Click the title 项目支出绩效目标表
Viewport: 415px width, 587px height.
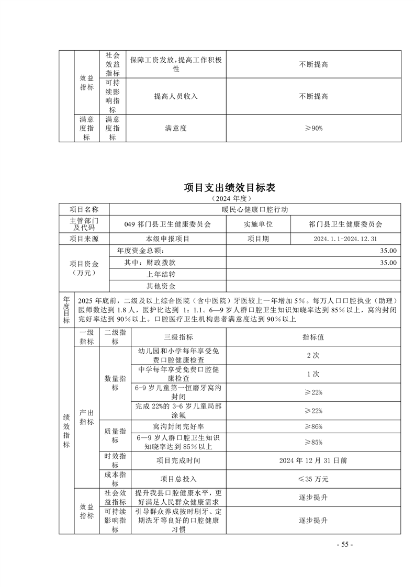[230, 188]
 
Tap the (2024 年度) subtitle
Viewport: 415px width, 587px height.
[230, 199]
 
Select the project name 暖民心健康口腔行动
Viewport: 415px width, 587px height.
[255, 210]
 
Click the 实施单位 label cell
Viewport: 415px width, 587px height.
[258, 224]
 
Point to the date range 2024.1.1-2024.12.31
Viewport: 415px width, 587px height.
[345, 239]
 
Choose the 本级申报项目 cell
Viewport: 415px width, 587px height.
[168, 239]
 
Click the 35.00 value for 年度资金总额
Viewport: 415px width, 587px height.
[389, 251]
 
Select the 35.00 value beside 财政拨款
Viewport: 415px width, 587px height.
[389, 263]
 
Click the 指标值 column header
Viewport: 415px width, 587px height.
[313, 337]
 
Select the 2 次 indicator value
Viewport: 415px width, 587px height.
[313, 356]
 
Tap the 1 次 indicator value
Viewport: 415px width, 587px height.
[313, 374]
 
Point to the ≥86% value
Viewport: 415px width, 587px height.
[313, 427]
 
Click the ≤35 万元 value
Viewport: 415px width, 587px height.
[313, 479]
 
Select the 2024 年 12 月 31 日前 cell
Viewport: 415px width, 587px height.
[313, 461]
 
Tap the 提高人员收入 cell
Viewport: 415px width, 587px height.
[176, 97]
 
